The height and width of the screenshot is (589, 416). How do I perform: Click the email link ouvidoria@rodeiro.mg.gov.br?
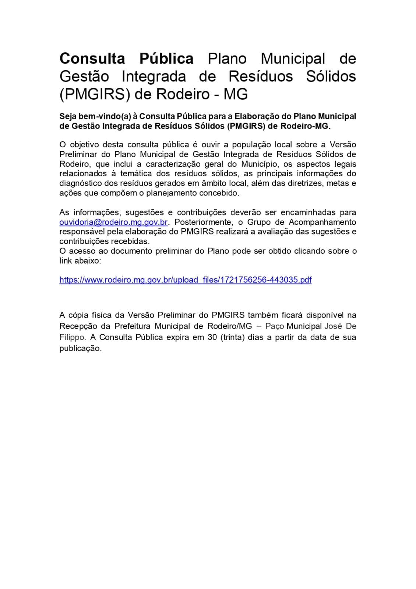click(113, 222)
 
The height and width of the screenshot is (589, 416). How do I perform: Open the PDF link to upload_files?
click(185, 280)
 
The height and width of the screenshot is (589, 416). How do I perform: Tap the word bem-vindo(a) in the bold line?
click(105, 116)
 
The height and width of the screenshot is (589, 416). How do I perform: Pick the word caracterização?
click(173, 164)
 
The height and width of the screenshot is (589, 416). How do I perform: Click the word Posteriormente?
click(203, 222)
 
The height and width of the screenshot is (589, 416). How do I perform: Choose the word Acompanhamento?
click(322, 222)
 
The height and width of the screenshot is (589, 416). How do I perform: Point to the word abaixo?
click(88, 261)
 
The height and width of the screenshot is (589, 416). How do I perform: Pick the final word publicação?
click(80, 348)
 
